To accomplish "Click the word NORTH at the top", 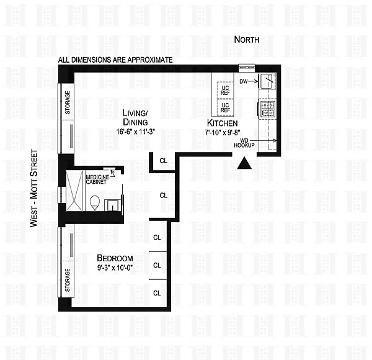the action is (x=247, y=40).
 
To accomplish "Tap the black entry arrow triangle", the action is (x=244, y=163).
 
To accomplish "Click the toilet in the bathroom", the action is (x=95, y=202).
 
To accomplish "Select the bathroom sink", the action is (x=112, y=205).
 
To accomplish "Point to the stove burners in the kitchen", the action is (x=268, y=109).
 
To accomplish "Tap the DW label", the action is (x=243, y=82).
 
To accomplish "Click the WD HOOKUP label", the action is (x=244, y=143).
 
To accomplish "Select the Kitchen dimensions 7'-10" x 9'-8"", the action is (x=223, y=132).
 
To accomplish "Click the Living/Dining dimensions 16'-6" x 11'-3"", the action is (x=135, y=132).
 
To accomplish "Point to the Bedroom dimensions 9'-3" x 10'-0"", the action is (x=115, y=268).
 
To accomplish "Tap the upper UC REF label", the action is (x=225, y=91).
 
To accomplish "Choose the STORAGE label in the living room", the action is (x=68, y=102).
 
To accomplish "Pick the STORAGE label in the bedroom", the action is (x=68, y=280).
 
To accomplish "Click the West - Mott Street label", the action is (x=34, y=188).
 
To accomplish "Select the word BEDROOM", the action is (x=115, y=258).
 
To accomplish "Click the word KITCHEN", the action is (x=223, y=123).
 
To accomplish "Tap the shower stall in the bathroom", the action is (x=75, y=191).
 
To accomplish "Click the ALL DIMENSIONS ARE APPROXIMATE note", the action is (x=115, y=60).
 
